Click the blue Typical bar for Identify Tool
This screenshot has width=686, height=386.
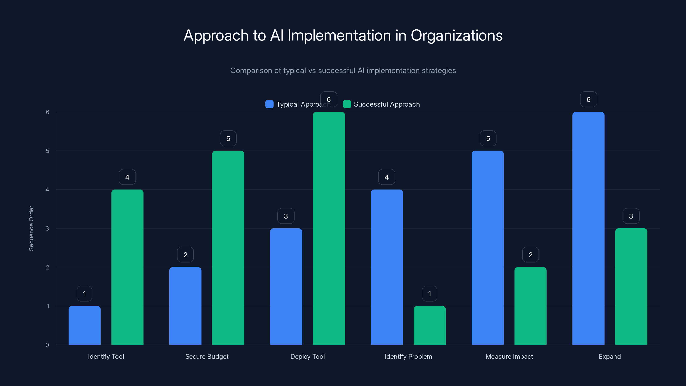[84, 325]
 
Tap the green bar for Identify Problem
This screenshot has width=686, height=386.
[430, 325]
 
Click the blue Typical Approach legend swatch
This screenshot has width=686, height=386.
[269, 104]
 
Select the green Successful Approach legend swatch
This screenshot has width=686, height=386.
[347, 104]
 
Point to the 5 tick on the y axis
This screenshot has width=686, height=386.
[47, 151]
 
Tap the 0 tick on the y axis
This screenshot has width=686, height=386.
[47, 345]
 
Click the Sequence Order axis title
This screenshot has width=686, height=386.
[31, 228]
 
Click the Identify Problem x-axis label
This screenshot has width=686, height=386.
[408, 356]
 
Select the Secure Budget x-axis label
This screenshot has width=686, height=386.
[207, 356]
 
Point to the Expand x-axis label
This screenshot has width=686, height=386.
[609, 356]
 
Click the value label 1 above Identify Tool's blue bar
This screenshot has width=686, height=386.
[84, 294]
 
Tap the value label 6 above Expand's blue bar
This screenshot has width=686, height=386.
[588, 99]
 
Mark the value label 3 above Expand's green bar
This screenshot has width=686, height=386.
[631, 216]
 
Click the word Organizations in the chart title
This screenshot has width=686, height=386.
[456, 35]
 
